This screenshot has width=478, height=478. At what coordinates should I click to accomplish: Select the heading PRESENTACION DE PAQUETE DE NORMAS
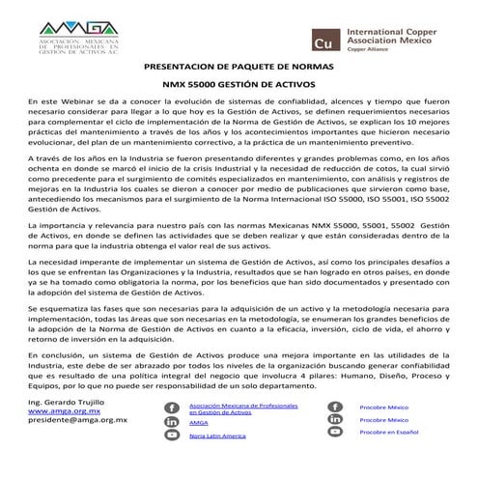(239, 70)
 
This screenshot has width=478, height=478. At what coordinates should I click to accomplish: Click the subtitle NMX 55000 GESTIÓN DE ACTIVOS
(239, 86)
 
